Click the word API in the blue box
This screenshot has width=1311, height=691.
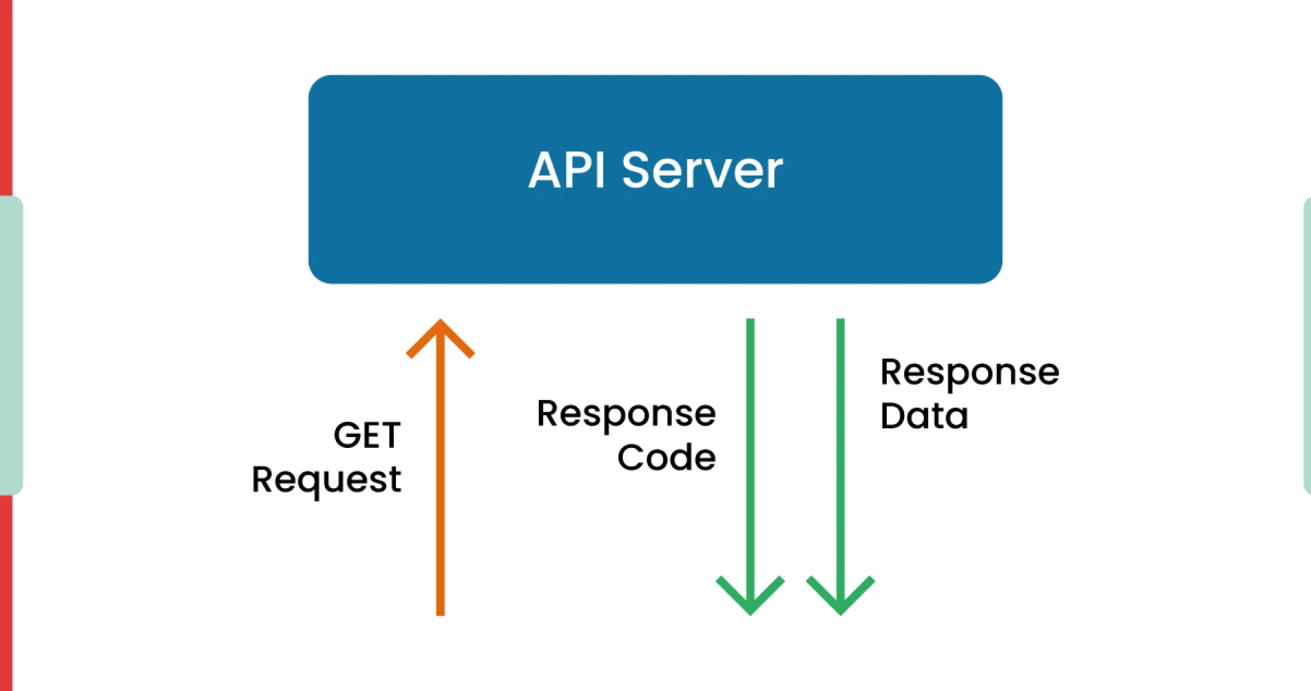click(x=566, y=170)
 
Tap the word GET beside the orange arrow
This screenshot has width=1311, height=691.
click(x=367, y=436)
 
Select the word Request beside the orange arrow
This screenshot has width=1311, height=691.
click(x=326, y=480)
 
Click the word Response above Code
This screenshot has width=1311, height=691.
click(x=626, y=414)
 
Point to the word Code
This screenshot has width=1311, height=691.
click(x=666, y=457)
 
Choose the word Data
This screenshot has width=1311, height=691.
click(x=924, y=417)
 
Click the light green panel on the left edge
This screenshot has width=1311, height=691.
click(x=11, y=345)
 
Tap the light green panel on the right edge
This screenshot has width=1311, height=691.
click(x=1306, y=345)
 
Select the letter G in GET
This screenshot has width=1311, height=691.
click(x=347, y=436)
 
